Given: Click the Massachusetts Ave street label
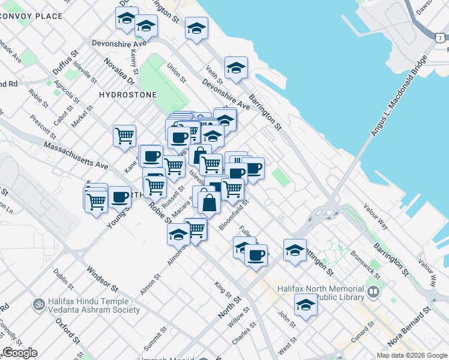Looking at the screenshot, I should (x=75, y=155).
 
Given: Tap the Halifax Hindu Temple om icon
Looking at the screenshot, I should (x=39, y=305).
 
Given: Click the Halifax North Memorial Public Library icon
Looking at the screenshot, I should (x=373, y=293).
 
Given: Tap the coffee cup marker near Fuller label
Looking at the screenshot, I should (x=256, y=255).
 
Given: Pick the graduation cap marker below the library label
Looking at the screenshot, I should (x=306, y=307).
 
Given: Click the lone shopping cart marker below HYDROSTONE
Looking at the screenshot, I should (x=124, y=136).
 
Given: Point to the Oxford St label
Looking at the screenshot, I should (x=68, y=331).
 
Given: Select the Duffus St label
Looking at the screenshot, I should (x=65, y=62).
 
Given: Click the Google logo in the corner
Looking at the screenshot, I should (x=20, y=353).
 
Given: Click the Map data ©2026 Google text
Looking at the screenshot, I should (x=411, y=355).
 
